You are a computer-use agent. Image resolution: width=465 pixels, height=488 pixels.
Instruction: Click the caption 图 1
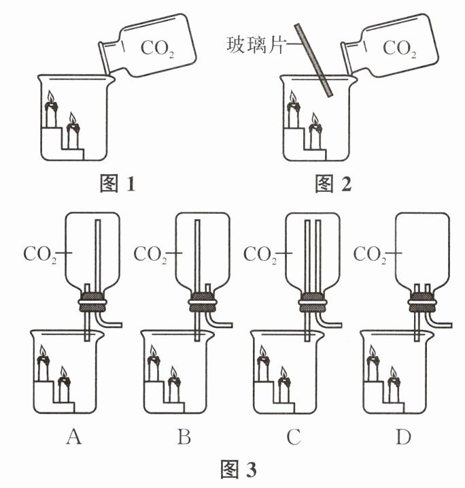118,183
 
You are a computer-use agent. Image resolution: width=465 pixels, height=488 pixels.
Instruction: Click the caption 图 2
333,183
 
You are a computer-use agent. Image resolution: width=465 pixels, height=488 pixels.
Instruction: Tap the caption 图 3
239,469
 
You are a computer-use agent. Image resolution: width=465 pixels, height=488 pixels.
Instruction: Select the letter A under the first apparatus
74,436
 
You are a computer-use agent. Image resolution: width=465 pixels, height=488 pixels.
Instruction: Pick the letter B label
184,436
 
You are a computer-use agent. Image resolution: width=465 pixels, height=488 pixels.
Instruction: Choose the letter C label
294,437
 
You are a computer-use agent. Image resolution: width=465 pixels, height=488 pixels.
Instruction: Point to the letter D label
403,436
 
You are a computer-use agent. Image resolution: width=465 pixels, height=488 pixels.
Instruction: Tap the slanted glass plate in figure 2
314,60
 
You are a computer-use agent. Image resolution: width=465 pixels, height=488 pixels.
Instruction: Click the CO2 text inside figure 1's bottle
157,49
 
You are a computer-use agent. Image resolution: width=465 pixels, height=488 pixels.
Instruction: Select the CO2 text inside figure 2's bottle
399,49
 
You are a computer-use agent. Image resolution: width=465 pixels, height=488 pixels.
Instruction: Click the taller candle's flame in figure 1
51,97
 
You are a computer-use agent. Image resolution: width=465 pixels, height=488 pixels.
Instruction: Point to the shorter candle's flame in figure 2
315,118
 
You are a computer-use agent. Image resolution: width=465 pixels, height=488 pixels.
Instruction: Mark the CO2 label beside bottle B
150,255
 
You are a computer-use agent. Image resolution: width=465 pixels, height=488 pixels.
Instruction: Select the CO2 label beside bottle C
260,255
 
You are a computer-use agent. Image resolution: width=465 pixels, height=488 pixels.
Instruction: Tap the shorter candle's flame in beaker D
393,372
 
